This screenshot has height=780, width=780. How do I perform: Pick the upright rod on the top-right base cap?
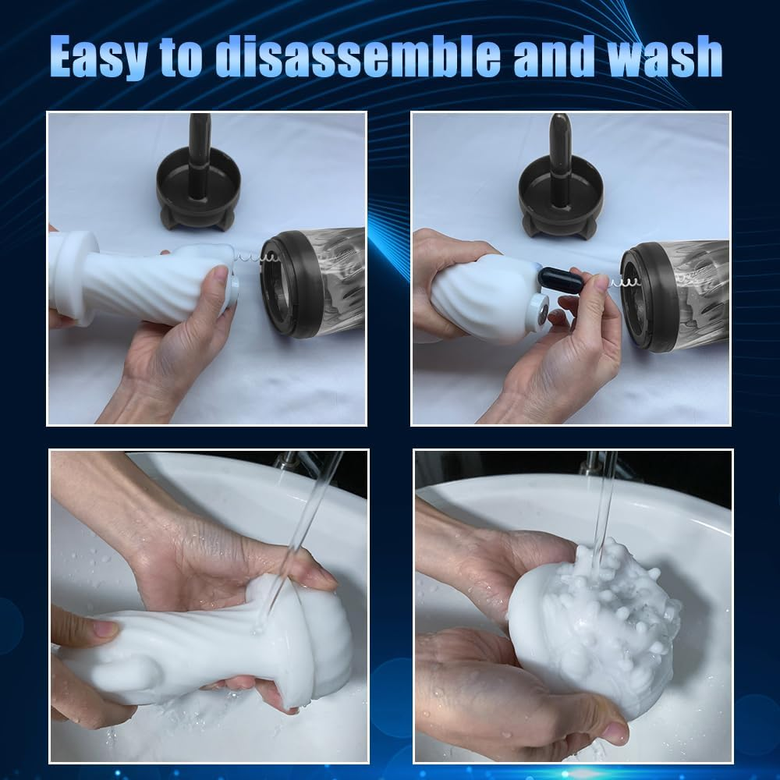coord(558,144)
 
